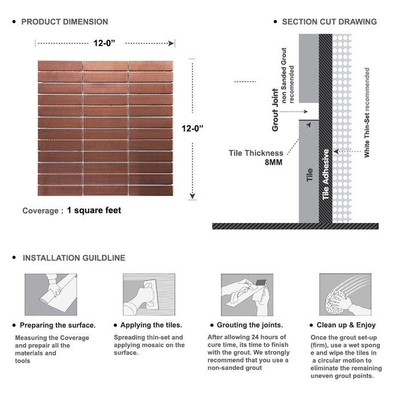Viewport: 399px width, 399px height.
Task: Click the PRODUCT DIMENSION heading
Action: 64,22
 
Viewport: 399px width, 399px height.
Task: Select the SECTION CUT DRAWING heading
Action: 329,22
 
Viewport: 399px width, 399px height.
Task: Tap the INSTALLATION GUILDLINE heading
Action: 74,258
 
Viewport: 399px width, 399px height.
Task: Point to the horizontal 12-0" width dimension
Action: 105,43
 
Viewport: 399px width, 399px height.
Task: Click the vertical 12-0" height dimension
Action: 193,129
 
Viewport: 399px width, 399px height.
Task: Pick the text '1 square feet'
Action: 94,210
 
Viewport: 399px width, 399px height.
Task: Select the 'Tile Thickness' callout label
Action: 256,153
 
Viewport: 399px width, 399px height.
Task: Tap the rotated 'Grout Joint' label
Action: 275,110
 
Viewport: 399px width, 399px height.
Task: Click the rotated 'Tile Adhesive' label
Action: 325,174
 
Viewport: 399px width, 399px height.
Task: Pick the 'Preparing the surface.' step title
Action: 58,325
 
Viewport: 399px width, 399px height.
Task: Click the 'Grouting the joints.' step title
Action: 250,325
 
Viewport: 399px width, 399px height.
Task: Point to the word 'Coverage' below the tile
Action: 40,211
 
